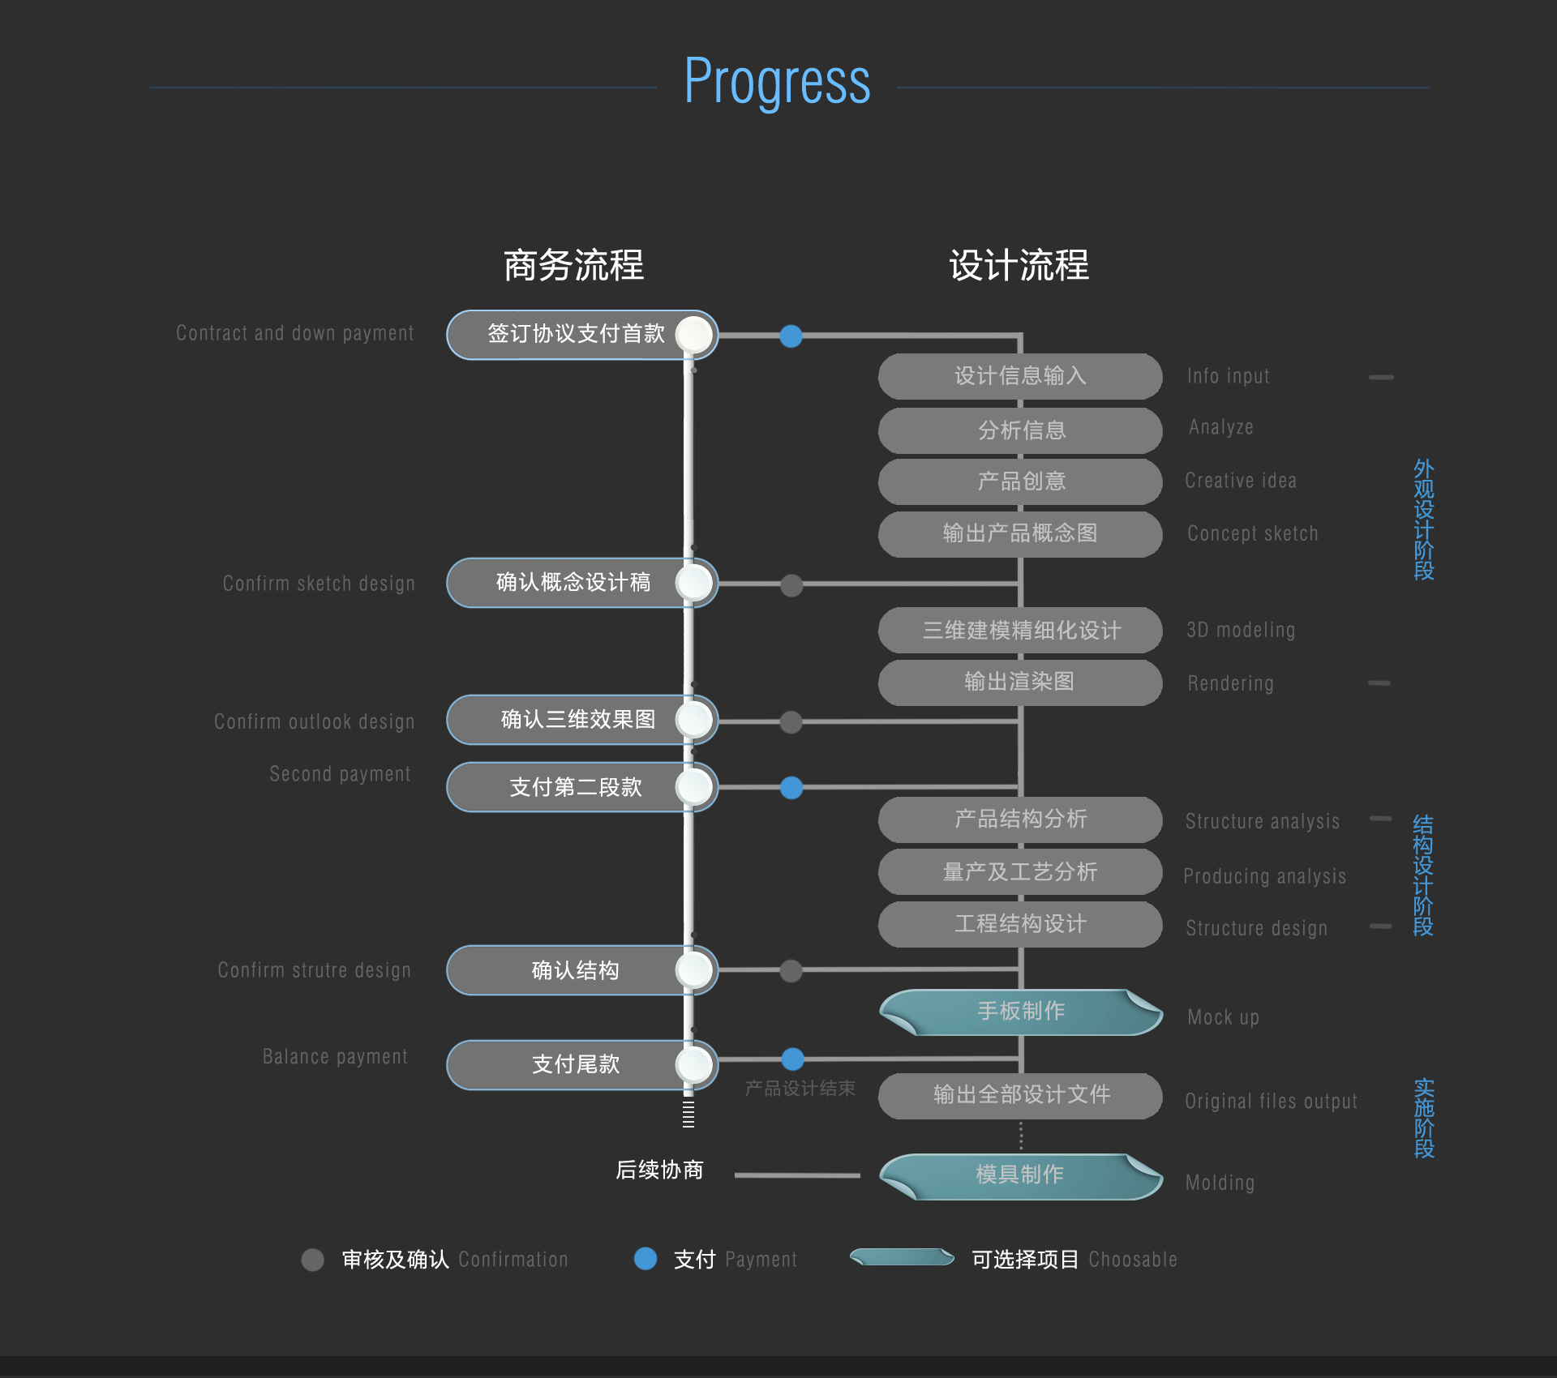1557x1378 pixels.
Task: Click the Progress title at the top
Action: tap(777, 83)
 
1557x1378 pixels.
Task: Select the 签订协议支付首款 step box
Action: tap(582, 335)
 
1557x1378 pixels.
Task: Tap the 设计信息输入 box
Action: tap(1020, 376)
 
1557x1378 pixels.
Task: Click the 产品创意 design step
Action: tap(1020, 481)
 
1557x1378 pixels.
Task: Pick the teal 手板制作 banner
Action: tap(1021, 1012)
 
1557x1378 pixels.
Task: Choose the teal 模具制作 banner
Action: tap(1021, 1175)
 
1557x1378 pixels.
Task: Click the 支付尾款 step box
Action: tap(582, 1065)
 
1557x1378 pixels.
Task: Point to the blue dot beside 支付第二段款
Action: tap(791, 788)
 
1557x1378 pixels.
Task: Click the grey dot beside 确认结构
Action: tap(791, 971)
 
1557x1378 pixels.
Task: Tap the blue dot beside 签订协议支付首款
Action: tap(791, 336)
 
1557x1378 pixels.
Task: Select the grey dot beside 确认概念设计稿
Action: tap(791, 585)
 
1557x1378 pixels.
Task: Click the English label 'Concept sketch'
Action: tap(1253, 533)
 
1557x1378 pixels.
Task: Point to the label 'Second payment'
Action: tap(340, 774)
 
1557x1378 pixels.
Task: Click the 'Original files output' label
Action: tap(1271, 1101)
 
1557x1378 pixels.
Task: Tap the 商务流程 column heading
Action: tap(573, 266)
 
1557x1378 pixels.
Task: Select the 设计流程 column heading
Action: tap(1019, 266)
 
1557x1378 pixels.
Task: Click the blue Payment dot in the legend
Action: tap(646, 1258)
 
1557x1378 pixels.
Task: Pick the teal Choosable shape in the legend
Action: tap(902, 1257)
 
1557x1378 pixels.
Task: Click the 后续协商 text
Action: tap(659, 1170)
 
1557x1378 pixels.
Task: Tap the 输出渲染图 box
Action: tap(1020, 683)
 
